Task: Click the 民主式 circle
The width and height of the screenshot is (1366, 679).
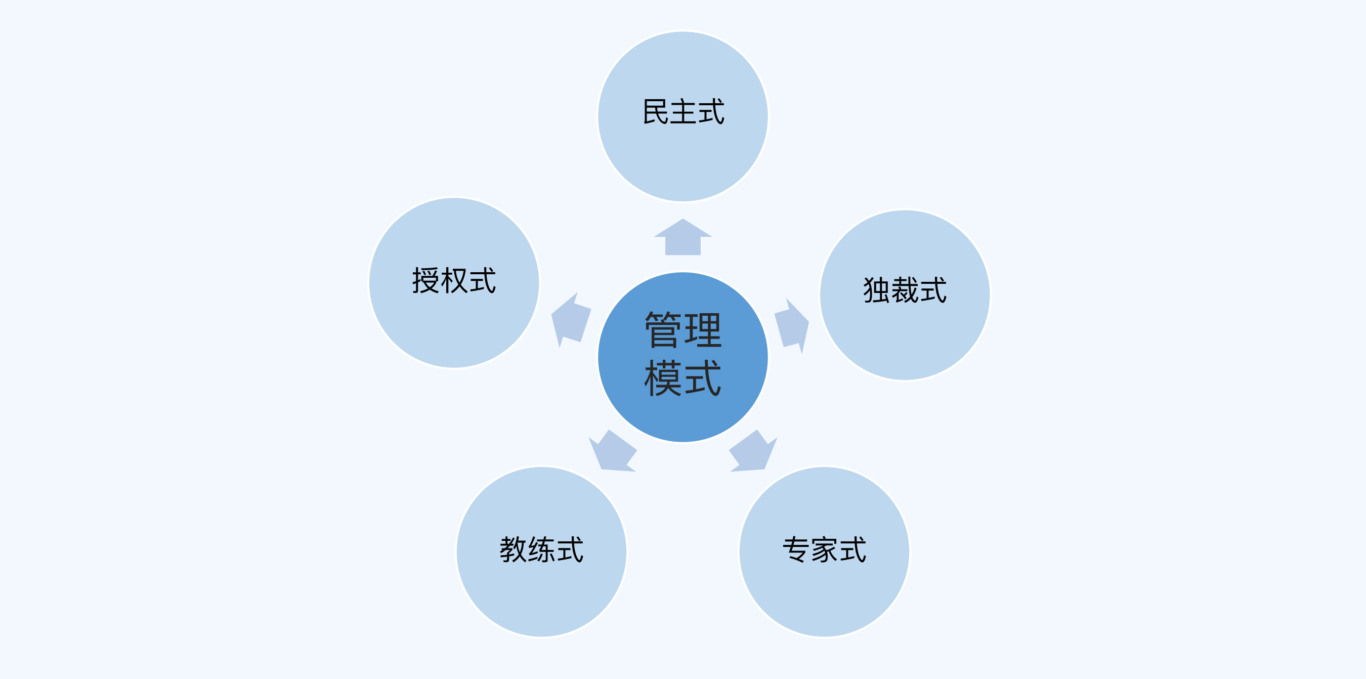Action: tap(683, 117)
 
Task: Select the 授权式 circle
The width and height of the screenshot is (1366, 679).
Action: tap(454, 283)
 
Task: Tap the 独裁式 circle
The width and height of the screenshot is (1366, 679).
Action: tap(905, 295)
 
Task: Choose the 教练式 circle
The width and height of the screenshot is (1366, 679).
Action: tap(541, 551)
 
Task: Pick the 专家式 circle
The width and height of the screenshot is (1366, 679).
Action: tap(824, 551)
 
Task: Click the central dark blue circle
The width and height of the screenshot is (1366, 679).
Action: tap(683, 357)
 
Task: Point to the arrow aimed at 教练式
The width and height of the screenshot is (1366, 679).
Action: tap(613, 451)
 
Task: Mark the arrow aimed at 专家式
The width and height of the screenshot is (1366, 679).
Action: tap(753, 451)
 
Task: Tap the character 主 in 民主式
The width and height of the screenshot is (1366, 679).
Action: tap(683, 111)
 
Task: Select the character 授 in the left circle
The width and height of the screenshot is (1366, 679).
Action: tap(425, 280)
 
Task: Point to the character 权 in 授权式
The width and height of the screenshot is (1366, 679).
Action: tap(454, 280)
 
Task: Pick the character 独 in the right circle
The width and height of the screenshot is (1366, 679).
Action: tap(877, 289)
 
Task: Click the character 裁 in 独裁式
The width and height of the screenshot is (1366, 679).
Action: tap(905, 289)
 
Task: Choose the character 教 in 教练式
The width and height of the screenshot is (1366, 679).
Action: tap(513, 549)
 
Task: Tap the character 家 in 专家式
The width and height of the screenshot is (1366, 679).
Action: tap(824, 549)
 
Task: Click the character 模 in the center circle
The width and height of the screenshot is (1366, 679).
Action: tap(663, 377)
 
